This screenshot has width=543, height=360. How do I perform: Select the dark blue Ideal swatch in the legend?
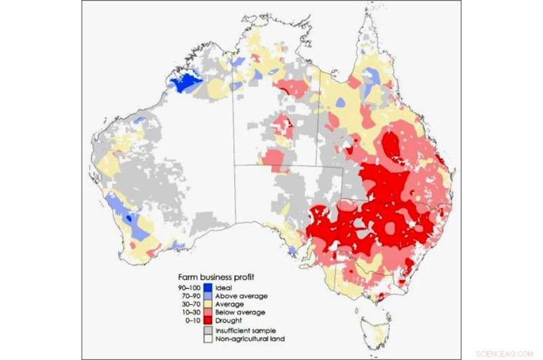coord(209,287)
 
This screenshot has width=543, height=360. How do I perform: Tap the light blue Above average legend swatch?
coord(209,296)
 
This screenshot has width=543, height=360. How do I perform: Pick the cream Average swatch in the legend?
coord(209,304)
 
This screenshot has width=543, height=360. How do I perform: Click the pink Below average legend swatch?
coord(209,312)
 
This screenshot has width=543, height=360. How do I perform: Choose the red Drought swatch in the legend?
coord(209,321)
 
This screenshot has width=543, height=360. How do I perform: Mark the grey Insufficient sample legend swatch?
coord(209,330)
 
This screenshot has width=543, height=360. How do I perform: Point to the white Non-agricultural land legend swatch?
coord(209,338)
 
